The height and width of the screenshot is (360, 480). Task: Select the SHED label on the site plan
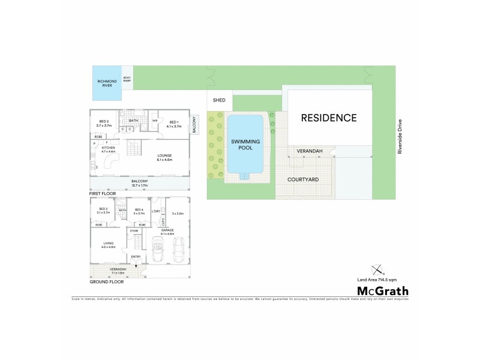[219, 100]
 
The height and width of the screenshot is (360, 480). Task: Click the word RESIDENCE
[328, 118]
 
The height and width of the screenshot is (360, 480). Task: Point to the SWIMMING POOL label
[244, 143]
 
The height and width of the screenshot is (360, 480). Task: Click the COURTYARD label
[302, 179]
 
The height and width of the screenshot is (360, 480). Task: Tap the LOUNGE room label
[164, 157]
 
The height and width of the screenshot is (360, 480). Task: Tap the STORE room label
[134, 230]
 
